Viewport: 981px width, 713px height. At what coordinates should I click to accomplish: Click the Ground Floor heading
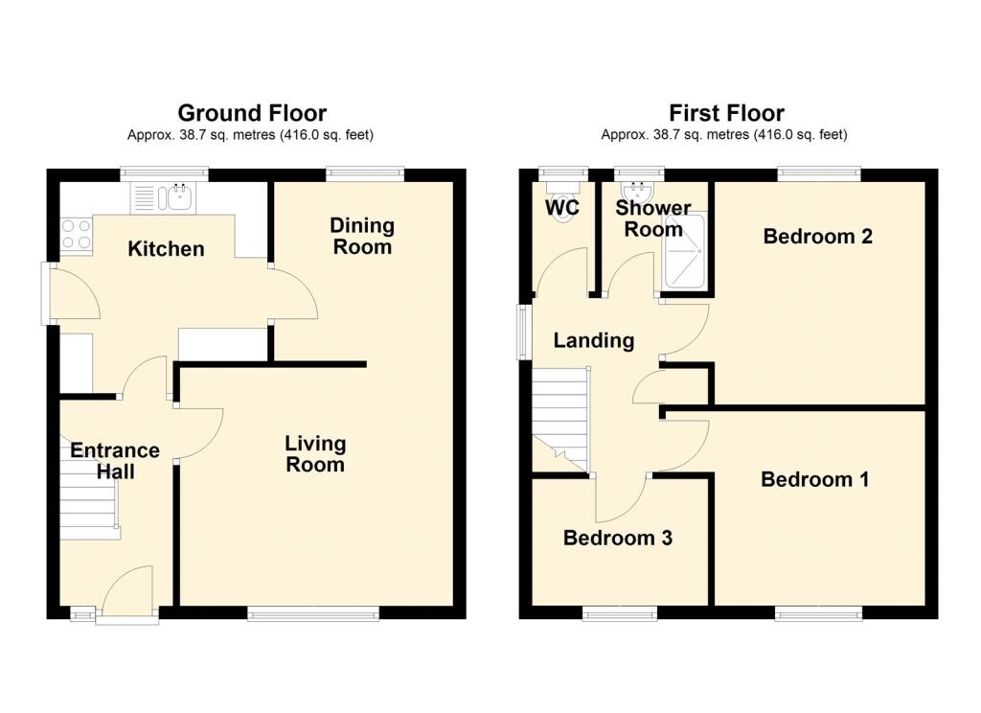(x=251, y=114)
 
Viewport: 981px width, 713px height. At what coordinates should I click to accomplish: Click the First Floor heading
(x=726, y=114)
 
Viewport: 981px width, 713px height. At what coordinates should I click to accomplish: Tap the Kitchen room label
(x=167, y=249)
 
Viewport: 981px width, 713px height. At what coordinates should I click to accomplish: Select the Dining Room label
(x=362, y=236)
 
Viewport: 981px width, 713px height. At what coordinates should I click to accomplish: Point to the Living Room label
(x=315, y=454)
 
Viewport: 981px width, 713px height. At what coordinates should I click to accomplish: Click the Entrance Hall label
(x=115, y=461)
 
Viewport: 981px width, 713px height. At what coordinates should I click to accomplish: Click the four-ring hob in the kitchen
(x=77, y=235)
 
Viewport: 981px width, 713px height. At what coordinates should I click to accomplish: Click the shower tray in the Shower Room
(x=685, y=252)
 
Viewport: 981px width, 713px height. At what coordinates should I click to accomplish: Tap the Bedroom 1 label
(x=814, y=479)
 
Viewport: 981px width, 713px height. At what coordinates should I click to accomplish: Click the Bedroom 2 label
(x=817, y=236)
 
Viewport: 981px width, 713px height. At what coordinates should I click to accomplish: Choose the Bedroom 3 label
(x=617, y=538)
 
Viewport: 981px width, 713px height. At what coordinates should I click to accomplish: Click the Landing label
(x=594, y=340)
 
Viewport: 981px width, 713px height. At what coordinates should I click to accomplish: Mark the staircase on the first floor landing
(x=560, y=417)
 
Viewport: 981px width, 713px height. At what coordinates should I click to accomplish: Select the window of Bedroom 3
(x=619, y=613)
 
